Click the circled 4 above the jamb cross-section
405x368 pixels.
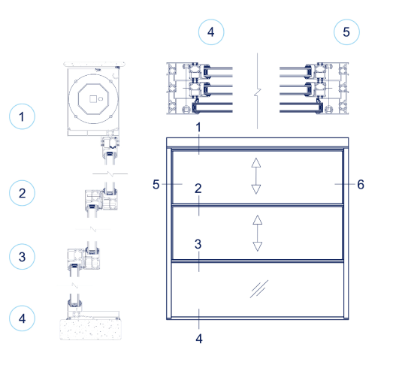210,32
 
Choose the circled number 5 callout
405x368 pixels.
346,32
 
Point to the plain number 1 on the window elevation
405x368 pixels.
198,128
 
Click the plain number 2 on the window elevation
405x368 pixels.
198,189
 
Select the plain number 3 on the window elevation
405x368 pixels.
198,244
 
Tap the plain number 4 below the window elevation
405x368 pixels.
198,338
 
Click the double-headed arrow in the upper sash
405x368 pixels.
256,176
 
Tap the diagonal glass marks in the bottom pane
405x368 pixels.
259,288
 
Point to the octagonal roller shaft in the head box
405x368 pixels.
95,101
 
